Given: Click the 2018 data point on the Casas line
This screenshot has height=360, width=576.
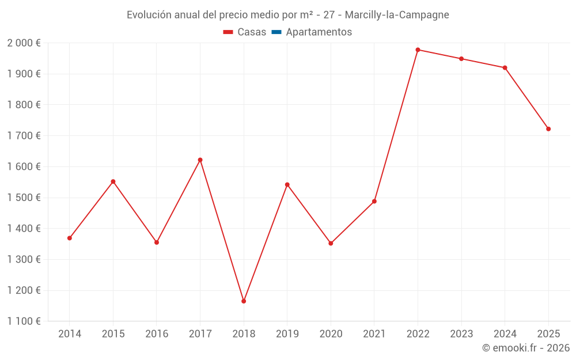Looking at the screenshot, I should (x=244, y=301).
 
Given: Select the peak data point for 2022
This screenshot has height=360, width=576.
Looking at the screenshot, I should (x=418, y=50).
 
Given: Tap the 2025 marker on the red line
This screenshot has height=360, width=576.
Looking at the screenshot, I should (x=548, y=129).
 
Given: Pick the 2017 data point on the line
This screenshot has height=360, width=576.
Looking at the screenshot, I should (x=200, y=160).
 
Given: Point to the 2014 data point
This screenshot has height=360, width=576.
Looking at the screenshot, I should (x=70, y=238).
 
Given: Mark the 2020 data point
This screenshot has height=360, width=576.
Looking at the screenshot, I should (x=331, y=243).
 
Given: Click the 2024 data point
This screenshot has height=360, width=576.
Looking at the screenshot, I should (x=505, y=68).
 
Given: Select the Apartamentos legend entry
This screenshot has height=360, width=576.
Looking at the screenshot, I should (x=319, y=32).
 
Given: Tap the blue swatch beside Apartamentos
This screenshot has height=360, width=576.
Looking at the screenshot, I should (x=276, y=32).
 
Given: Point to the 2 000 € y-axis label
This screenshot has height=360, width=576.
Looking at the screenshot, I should (x=24, y=43).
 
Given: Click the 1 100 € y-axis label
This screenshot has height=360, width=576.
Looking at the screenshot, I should (x=24, y=321).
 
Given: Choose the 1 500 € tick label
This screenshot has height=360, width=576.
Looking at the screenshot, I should (x=24, y=198).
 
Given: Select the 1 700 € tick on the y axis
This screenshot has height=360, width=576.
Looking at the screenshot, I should (x=24, y=136).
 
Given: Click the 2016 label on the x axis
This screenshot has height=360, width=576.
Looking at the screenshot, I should (x=157, y=334).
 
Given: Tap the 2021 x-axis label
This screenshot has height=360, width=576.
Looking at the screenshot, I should (x=374, y=334).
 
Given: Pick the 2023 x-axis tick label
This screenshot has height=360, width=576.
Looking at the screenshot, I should (x=461, y=334).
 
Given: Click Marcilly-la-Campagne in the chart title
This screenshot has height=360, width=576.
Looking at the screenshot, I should (x=397, y=15).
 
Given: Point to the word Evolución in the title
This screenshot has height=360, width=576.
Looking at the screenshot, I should (x=149, y=15).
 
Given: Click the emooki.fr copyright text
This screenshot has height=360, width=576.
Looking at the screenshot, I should (x=526, y=348).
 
